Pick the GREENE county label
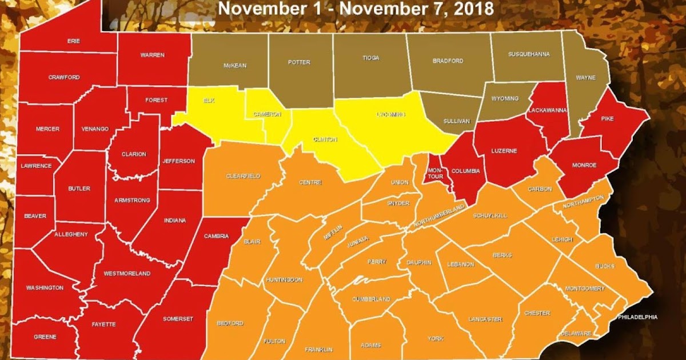pyautogui.click(x=45, y=337)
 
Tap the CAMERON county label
pyautogui.click(x=268, y=114)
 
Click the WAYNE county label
pyautogui.click(x=586, y=78)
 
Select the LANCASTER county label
pyautogui.click(x=485, y=319)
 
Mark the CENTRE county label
pyautogui.click(x=310, y=183)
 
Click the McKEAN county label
pyautogui.click(x=234, y=66)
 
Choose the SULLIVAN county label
pyautogui.click(x=456, y=121)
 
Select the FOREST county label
pyautogui.click(x=156, y=100)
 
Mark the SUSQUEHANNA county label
pyautogui.click(x=529, y=54)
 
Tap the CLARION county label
pyautogui.click(x=134, y=154)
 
